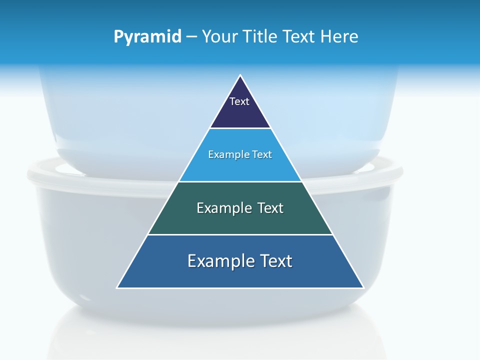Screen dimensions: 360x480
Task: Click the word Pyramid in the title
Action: [x=147, y=36]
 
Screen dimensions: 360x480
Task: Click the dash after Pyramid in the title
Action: [x=191, y=37]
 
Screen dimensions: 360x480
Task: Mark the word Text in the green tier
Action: [x=270, y=208]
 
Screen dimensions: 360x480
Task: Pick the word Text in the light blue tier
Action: [x=263, y=154]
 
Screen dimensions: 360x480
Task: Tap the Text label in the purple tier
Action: [x=239, y=101]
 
